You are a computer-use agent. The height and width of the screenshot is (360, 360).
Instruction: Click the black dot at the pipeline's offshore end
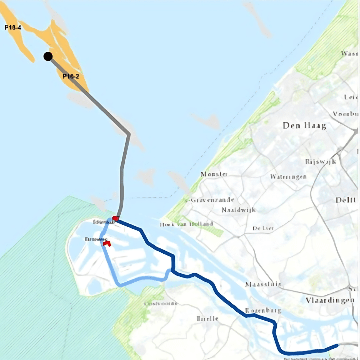tap(48, 56)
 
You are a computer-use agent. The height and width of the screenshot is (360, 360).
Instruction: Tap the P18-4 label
tap(13, 27)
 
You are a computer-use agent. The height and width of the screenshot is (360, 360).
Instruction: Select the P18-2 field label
tap(71, 76)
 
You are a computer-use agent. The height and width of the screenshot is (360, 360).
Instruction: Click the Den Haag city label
tap(304, 126)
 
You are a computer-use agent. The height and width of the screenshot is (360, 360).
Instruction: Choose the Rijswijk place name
tap(320, 162)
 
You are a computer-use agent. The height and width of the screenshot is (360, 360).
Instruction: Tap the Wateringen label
tap(288, 176)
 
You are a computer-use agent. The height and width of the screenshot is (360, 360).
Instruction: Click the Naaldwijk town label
tap(238, 210)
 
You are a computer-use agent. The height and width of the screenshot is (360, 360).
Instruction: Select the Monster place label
tap(214, 174)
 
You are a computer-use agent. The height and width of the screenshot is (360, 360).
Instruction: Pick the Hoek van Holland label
tap(186, 224)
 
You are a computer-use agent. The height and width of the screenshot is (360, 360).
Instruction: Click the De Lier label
tap(263, 228)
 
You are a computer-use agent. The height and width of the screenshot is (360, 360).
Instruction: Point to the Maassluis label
tap(263, 284)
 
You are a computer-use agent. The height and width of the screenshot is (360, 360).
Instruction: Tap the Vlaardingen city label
tap(330, 300)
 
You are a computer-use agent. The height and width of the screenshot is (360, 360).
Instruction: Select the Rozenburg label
tap(263, 310)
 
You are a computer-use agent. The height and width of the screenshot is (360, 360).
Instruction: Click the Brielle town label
tap(207, 318)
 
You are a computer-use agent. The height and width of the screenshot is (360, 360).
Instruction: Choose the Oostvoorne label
tap(161, 304)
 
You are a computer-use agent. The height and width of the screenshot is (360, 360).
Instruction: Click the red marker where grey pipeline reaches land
tap(115, 219)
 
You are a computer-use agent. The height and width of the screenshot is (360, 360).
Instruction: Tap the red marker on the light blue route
tap(107, 243)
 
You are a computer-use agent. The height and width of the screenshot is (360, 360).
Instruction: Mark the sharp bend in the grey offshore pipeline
tap(129, 134)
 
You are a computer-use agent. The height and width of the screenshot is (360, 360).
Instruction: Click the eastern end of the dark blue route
tap(337, 346)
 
